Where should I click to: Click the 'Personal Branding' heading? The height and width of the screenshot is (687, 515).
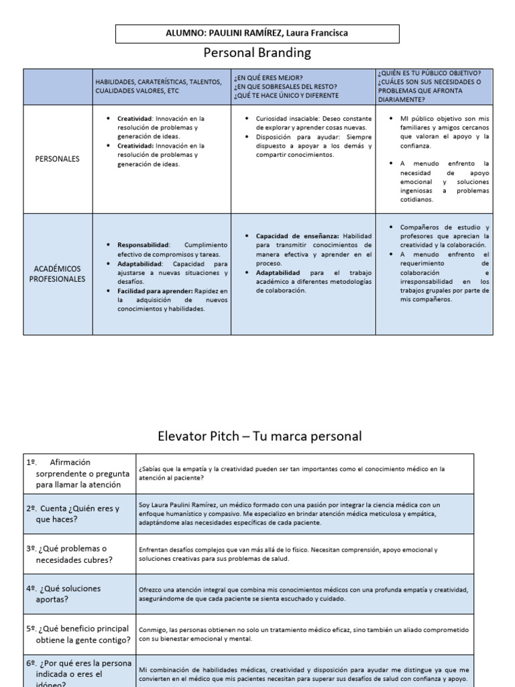[257, 52]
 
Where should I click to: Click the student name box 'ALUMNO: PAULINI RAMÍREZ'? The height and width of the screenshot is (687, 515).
[257, 34]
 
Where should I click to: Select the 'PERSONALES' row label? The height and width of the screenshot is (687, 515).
[58, 159]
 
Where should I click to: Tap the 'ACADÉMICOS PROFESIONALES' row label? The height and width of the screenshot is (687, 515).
[58, 274]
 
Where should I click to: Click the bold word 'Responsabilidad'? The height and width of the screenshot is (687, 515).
[144, 245]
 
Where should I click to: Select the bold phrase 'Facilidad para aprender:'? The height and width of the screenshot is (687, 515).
[155, 290]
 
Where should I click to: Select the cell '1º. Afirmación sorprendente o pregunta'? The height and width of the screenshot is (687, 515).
[74, 473]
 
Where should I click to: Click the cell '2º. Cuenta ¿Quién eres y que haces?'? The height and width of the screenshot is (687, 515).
[74, 513]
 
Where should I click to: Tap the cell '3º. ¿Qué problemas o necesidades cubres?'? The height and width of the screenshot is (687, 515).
[74, 553]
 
